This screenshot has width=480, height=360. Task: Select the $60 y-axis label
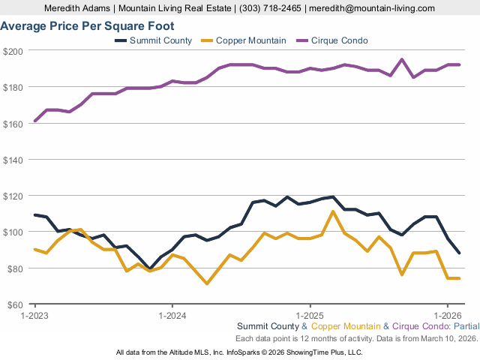click(16, 304)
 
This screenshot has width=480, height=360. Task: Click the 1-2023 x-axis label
click(34, 315)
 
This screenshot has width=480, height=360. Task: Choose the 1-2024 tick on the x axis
click(172, 315)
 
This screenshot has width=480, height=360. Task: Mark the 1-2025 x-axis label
click(310, 315)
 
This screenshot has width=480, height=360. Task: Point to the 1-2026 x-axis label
click(448, 315)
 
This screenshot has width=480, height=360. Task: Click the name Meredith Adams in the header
click(75, 7)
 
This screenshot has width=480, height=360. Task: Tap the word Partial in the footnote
click(463, 327)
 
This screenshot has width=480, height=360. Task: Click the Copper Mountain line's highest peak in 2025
click(333, 211)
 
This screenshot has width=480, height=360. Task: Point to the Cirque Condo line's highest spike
click(402, 59)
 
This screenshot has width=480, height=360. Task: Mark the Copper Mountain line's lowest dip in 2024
click(207, 283)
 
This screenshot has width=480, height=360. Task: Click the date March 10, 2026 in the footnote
click(441, 339)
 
